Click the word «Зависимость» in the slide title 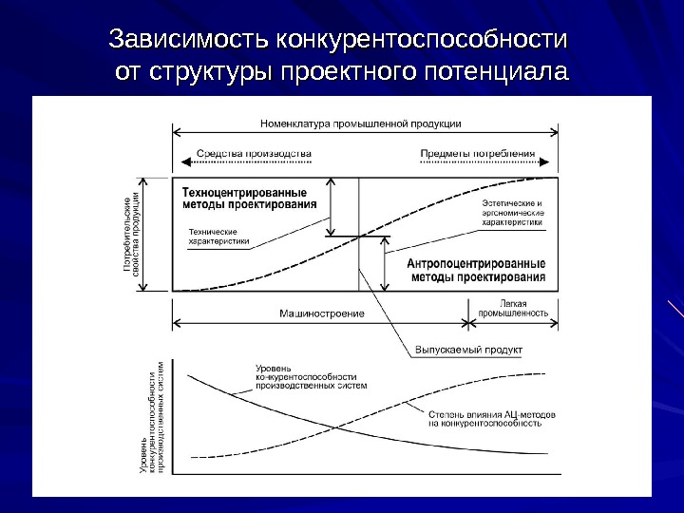click(187, 41)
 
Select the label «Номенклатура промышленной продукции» click(360, 123)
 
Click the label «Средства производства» click(254, 153)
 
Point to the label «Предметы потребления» click(477, 153)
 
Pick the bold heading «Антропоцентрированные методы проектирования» click(476, 270)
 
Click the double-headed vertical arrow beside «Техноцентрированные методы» click(332, 206)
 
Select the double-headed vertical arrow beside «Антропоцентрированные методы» click(385, 264)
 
